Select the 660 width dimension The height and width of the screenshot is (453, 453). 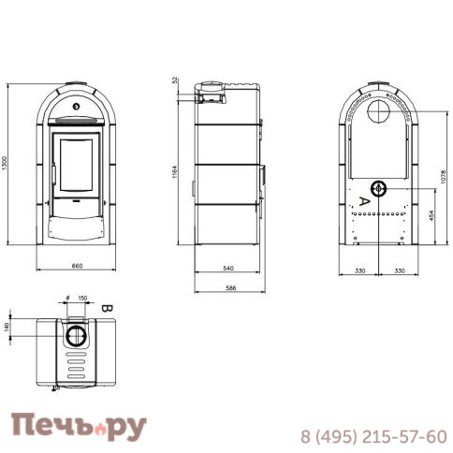(x=77, y=267)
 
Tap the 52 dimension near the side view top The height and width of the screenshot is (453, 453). (x=175, y=80)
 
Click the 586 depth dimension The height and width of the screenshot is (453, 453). (x=228, y=286)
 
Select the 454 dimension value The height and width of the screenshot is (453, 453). (x=431, y=217)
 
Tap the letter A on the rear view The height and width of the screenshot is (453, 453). (x=365, y=200)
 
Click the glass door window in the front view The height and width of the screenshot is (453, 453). (x=77, y=164)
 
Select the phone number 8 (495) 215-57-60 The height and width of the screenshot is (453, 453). (x=373, y=436)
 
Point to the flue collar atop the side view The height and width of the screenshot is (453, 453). (x=211, y=92)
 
